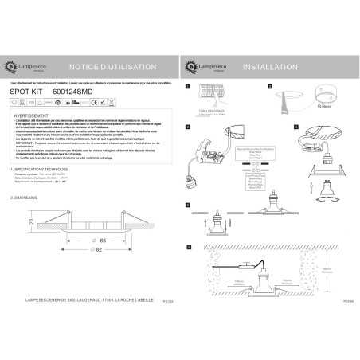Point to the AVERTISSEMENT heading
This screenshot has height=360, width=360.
tap(33, 115)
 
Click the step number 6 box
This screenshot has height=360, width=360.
tap(188, 248)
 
